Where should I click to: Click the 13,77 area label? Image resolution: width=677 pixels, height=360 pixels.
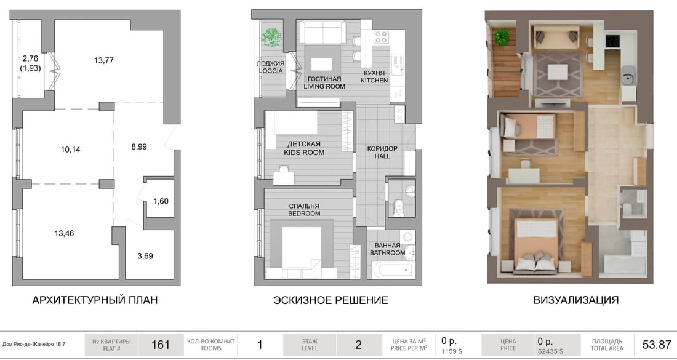(x=103, y=60)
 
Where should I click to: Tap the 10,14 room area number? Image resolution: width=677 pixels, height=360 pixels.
(x=70, y=150)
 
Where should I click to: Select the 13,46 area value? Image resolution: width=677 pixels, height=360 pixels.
(x=65, y=234)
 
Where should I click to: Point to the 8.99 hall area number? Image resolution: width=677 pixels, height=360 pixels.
(x=139, y=146)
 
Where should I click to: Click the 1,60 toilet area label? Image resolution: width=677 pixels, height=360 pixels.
(x=161, y=201)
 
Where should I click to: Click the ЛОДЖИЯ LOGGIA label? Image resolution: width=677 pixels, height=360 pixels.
(x=270, y=67)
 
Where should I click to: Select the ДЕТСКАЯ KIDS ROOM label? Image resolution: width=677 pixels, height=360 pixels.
(x=304, y=148)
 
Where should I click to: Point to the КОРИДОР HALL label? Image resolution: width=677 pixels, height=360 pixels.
(x=382, y=152)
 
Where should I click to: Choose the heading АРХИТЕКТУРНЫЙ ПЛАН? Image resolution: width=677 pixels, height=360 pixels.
(x=95, y=300)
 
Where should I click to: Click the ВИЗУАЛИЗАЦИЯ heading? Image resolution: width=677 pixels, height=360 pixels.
(x=576, y=300)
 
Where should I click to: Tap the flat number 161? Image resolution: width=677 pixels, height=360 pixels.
(x=161, y=345)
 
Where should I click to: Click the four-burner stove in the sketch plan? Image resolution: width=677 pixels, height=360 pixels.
(x=381, y=37)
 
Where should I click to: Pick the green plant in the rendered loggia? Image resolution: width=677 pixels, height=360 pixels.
(x=502, y=37)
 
